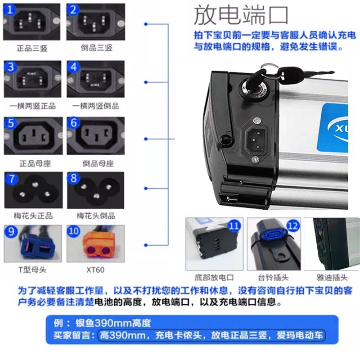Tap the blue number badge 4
click(x=74, y=68)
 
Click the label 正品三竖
click(x=32, y=48)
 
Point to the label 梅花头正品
click(x=32, y=215)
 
